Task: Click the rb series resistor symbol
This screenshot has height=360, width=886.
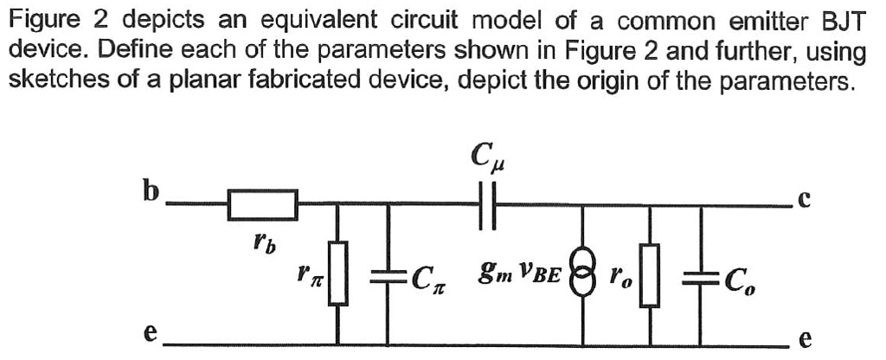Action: click(x=263, y=205)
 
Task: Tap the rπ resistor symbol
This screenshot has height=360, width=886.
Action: click(x=338, y=273)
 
